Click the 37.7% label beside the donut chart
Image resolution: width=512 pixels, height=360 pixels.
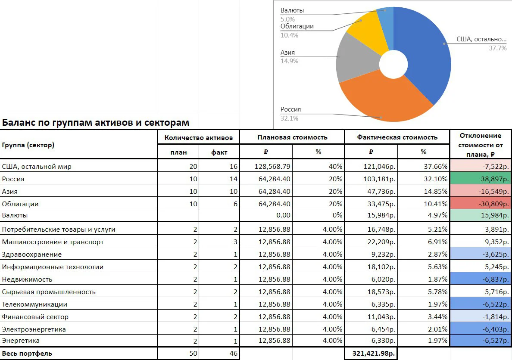click(498, 48)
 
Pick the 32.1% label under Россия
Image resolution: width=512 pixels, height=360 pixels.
click(289, 118)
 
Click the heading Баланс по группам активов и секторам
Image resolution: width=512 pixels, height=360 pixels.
click(96, 122)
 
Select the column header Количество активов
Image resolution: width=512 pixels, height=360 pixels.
click(199, 137)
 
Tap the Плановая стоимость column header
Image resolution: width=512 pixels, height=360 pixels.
click(292, 137)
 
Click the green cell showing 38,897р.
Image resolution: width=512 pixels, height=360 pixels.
click(481, 179)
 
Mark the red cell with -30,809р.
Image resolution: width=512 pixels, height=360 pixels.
click(481, 204)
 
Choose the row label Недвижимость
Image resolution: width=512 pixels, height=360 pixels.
click(27, 279)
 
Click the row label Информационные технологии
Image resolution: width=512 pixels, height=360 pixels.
click(53, 267)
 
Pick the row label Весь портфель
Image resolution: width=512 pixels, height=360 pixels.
click(27, 354)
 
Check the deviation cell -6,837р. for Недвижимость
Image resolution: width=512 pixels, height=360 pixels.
click(481, 279)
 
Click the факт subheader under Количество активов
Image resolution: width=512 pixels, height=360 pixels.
click(219, 152)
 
